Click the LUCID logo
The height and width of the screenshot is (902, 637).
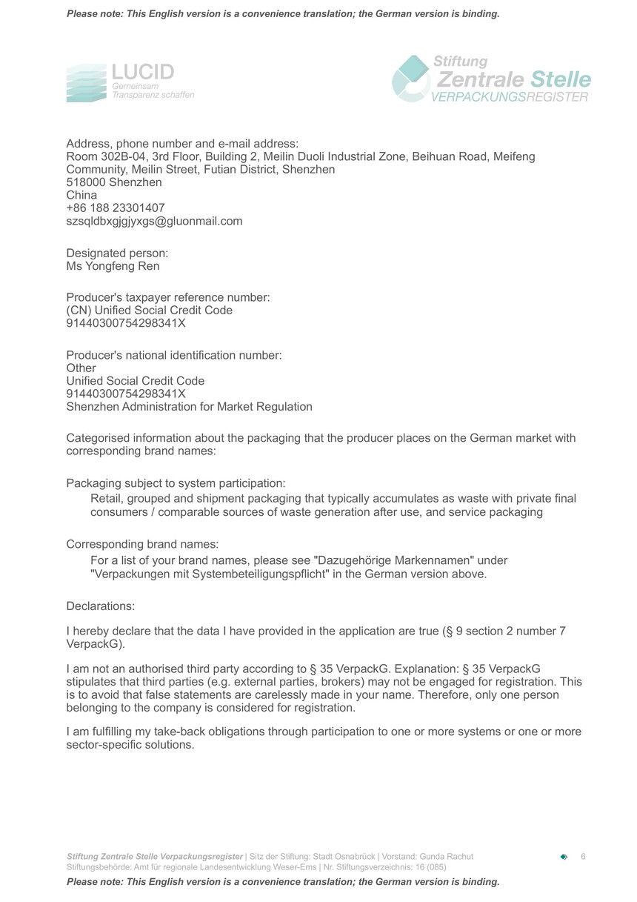(130, 82)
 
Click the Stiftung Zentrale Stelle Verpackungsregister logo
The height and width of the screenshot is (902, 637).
(491, 79)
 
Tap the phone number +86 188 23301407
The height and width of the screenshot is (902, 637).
(116, 208)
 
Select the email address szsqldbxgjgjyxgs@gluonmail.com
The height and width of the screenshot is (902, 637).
(154, 221)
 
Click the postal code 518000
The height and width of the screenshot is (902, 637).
(84, 182)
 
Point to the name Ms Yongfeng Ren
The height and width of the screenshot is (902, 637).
(113, 266)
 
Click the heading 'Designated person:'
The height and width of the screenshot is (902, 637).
(117, 253)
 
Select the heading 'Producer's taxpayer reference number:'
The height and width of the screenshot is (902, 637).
(168, 297)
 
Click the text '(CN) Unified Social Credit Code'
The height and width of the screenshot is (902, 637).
(150, 311)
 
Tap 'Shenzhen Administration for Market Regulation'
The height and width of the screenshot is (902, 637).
(189, 407)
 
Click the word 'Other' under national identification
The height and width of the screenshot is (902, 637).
(81, 368)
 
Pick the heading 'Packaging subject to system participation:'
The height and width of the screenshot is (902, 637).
(176, 483)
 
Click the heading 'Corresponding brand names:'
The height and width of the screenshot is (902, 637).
(142, 544)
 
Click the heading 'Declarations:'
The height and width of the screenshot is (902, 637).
(101, 606)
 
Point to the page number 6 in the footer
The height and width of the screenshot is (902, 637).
(583, 857)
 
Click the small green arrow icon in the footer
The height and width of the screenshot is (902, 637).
(564, 857)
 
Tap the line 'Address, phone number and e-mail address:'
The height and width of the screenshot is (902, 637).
(182, 144)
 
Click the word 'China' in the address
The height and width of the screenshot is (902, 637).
(81, 196)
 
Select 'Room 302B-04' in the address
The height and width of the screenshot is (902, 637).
(101, 157)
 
